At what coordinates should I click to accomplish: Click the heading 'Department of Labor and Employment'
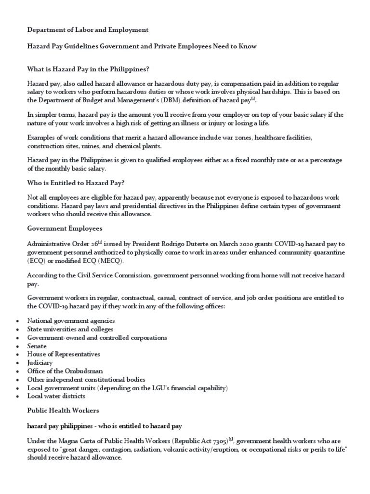point(88,30)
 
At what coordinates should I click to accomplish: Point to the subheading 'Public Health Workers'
point(63,410)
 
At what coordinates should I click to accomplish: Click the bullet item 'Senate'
point(37,346)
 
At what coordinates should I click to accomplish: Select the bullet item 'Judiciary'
point(40,362)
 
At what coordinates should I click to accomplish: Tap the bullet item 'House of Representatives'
point(64,354)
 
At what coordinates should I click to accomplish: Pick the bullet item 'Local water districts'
point(56,396)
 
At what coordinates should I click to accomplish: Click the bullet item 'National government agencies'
point(71,320)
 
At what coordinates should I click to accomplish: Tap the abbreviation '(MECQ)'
point(110,261)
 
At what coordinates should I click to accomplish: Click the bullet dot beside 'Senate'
point(18,346)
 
